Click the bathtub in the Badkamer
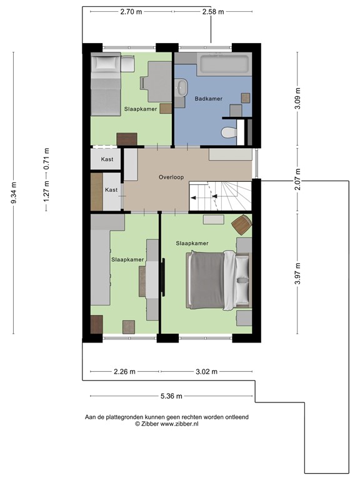[224, 64]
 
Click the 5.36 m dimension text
[171, 396]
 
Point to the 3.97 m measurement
[297, 274]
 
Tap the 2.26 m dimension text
[124, 372]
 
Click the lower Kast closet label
[111, 189]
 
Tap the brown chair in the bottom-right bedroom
[241, 224]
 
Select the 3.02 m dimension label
[206, 372]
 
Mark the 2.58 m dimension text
[212, 11]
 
